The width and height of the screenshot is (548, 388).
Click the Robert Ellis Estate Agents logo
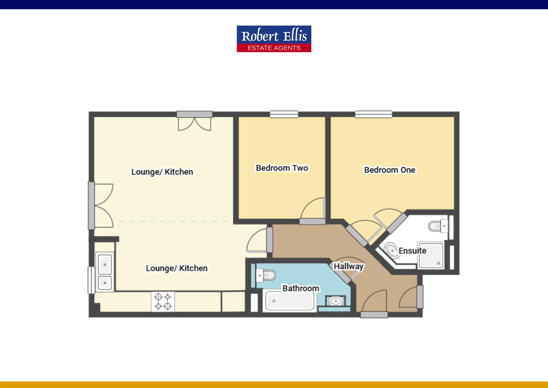pos(274,39)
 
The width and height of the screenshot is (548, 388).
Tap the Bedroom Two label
pos(282,168)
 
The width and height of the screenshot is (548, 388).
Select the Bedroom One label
pos(389,170)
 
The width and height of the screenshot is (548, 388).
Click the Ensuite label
pos(412,250)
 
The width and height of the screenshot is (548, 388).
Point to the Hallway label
pos(349,266)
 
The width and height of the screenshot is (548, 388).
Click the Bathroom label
pos(301,288)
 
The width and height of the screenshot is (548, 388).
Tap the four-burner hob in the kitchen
pos(162,301)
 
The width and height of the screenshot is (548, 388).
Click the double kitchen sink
pos(105,272)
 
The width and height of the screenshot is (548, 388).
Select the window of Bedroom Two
pos(284,114)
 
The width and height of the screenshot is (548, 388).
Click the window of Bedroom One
pos(373,114)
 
